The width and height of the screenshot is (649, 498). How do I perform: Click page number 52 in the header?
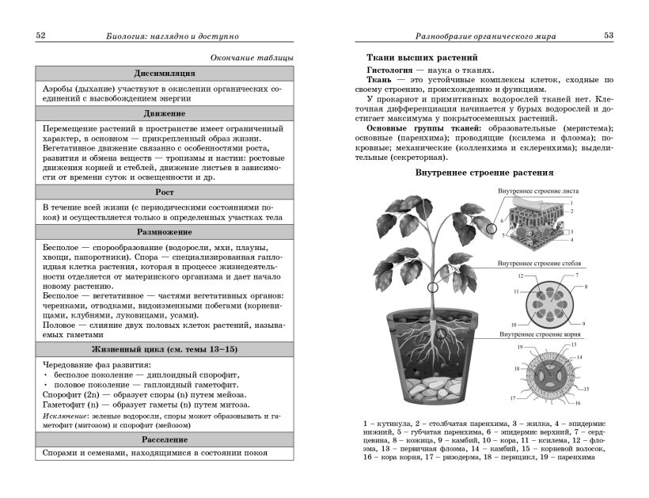(41, 36)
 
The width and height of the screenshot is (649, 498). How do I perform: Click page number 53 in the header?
(609, 36)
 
